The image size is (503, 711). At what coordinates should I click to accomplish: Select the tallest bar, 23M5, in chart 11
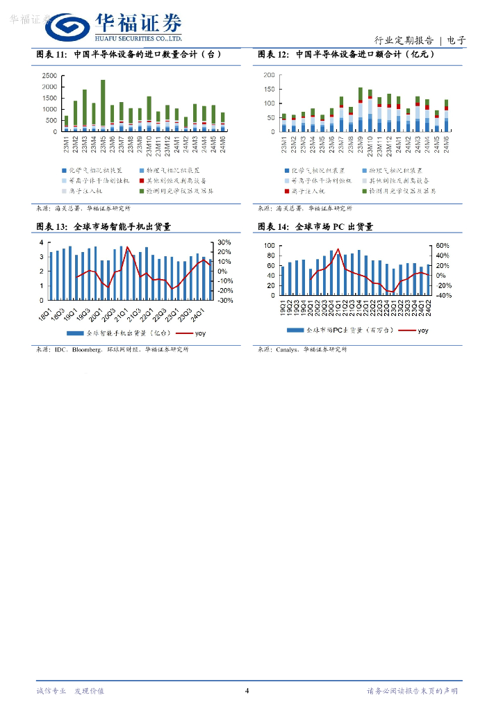pos(103,104)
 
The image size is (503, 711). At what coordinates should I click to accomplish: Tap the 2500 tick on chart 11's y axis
pos(49,75)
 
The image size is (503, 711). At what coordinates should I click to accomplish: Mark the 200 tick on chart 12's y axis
pos(268,75)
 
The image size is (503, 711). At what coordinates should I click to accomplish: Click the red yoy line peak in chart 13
pos(127,247)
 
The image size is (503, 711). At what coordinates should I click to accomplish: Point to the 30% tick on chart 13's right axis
pos(225,242)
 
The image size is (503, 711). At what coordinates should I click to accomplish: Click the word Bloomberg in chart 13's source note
pos(86,349)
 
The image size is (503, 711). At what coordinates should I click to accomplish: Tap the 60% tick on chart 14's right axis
pos(443,246)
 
